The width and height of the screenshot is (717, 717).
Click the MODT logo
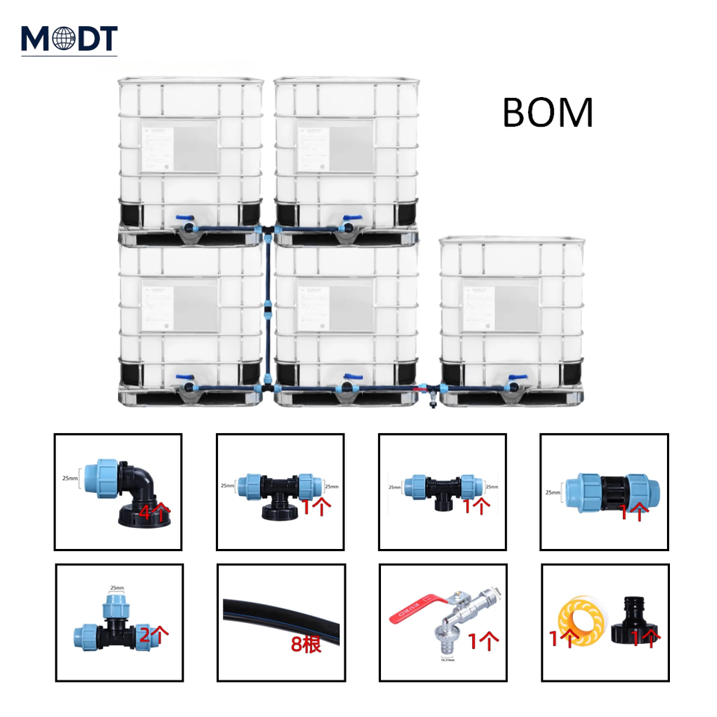point(69,38)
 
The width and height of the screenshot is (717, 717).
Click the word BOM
point(547,113)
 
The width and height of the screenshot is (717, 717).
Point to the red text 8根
point(306,644)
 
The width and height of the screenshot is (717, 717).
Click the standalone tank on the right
point(512,321)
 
